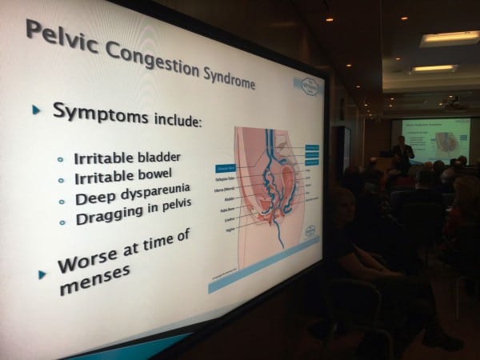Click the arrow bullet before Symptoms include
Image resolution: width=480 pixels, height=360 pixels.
click(x=36, y=109)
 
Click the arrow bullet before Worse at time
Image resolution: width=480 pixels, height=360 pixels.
click(x=43, y=274)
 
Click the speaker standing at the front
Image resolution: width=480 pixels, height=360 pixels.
click(x=404, y=151)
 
